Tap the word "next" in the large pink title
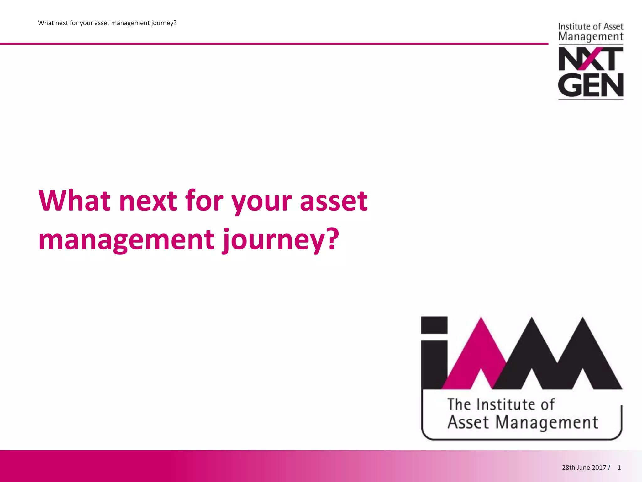point(148,201)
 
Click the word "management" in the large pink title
point(126,240)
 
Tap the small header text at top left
point(107,23)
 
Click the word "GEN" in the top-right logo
point(591,85)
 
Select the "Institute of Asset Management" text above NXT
point(591,32)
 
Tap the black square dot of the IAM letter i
point(434,325)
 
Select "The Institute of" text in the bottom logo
point(501,404)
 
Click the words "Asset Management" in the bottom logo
point(523,422)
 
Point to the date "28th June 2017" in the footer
point(584,468)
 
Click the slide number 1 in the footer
point(619,468)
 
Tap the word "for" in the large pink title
point(204,201)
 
